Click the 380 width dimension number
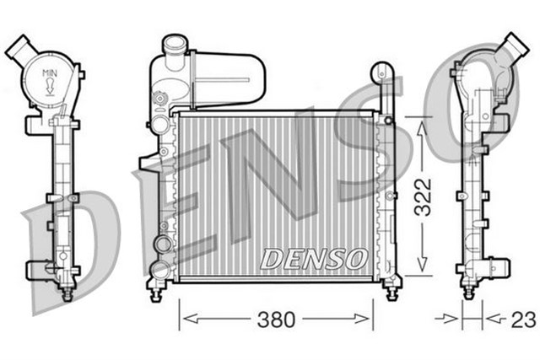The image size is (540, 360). (276, 320)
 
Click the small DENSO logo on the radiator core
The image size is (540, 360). (313, 258)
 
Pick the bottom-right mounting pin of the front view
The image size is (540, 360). (391, 292)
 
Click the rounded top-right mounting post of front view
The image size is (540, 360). (381, 72)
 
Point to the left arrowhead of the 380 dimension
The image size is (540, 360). (186, 320)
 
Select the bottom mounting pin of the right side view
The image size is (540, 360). (469, 293)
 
